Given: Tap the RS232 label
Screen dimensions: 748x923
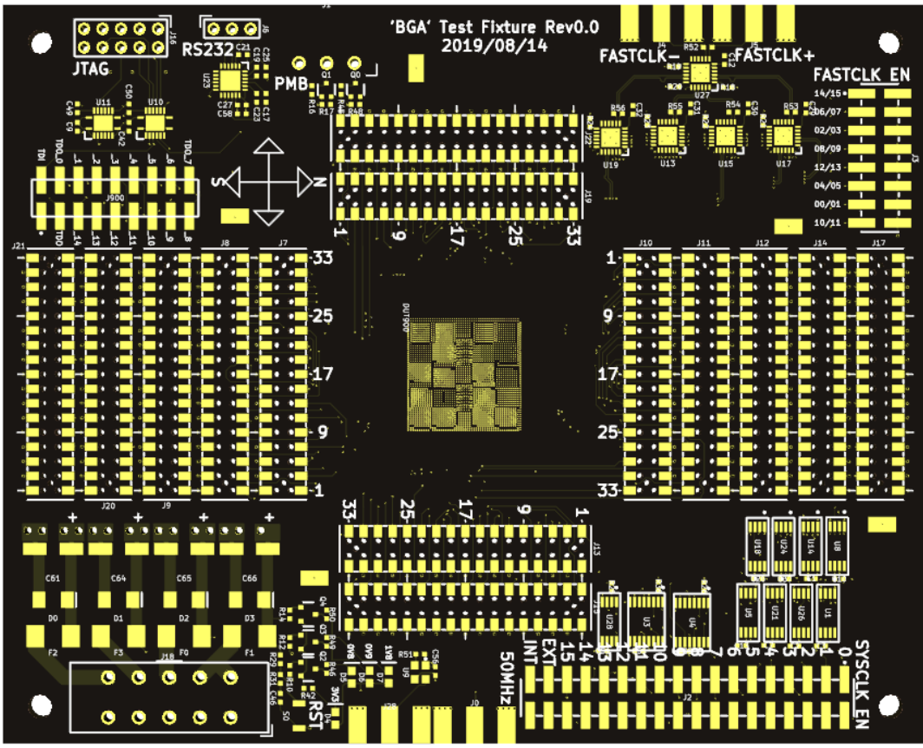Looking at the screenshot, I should pyautogui.click(x=208, y=49).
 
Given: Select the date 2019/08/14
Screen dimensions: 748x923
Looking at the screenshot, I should pyautogui.click(x=494, y=46).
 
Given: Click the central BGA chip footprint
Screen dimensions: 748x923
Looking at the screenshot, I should pyautogui.click(x=464, y=376).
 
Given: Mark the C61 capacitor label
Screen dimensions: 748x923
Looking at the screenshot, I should pyautogui.click(x=53, y=578).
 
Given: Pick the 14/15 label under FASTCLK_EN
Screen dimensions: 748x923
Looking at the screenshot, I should pyautogui.click(x=828, y=94).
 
